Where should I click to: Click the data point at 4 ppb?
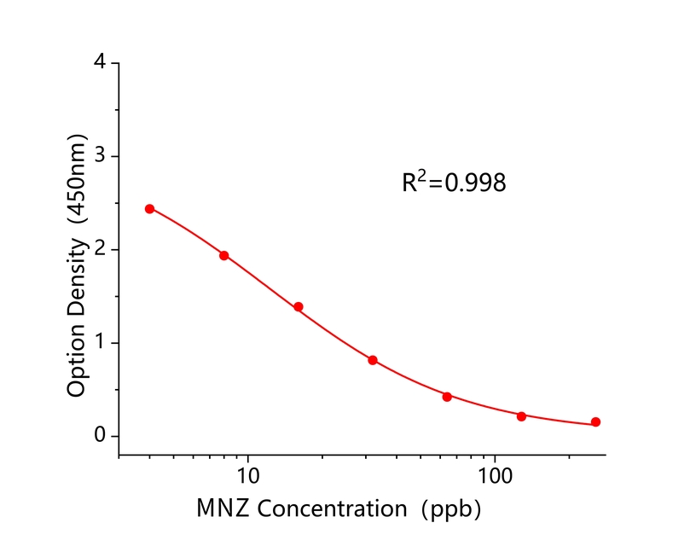[x=149, y=208]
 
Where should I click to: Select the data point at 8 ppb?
[x=223, y=255]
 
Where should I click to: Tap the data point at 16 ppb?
[x=299, y=306]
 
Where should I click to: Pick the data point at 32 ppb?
[x=373, y=360]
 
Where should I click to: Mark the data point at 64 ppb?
[x=447, y=396]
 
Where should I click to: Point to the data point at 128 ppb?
[x=521, y=416]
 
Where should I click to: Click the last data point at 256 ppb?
[x=595, y=422]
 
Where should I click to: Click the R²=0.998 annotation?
[x=454, y=182]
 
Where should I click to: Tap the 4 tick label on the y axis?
[x=101, y=63]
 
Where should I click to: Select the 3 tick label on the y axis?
[x=101, y=156]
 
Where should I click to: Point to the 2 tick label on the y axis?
[x=101, y=250]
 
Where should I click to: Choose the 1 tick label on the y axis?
[x=101, y=343]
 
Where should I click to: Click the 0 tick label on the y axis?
[x=101, y=437]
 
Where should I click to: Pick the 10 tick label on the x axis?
[x=247, y=471]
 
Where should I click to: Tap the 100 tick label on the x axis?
[x=495, y=471]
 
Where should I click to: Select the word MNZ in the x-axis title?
[x=223, y=509]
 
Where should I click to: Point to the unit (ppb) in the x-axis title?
[x=451, y=510]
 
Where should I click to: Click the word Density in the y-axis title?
[x=78, y=275]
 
